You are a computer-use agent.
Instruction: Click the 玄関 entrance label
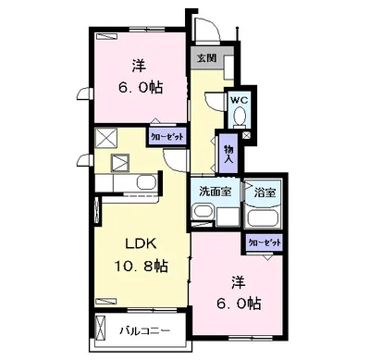tap(206, 57)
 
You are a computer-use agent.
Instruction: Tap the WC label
tap(240, 100)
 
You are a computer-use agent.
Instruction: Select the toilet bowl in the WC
tap(240, 118)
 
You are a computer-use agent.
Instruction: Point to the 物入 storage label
tap(228, 154)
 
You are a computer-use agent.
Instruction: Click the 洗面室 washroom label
tap(215, 192)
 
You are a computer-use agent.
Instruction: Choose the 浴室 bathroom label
tap(265, 193)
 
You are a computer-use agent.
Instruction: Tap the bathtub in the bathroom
tap(265, 218)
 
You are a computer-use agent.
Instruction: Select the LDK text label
tap(141, 244)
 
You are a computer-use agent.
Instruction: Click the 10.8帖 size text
tap(142, 266)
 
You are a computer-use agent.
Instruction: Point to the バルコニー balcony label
tap(144, 331)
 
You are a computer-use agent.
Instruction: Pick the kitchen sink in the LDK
tap(146, 182)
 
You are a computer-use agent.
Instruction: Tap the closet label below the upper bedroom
tap(167, 137)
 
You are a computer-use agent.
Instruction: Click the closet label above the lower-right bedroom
tap(265, 242)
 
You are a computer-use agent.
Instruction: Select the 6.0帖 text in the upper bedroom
tap(140, 88)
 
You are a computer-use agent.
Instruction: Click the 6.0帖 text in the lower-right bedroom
tap(239, 304)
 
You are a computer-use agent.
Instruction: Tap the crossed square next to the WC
tap(246, 135)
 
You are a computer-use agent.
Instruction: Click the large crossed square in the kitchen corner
tap(106, 138)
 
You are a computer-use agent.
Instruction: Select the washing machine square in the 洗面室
tap(228, 217)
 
